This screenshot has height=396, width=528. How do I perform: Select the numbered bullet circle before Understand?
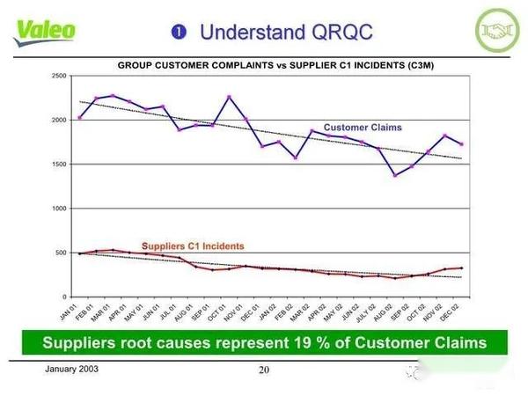coord(180,33)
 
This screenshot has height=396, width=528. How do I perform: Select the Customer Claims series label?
coord(363,128)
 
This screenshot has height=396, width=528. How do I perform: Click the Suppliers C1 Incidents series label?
coord(194,245)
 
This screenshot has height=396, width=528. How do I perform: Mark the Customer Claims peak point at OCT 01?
coord(229,97)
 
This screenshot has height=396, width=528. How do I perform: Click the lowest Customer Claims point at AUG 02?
coord(395,175)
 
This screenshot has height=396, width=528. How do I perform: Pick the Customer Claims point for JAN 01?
coord(79,117)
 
